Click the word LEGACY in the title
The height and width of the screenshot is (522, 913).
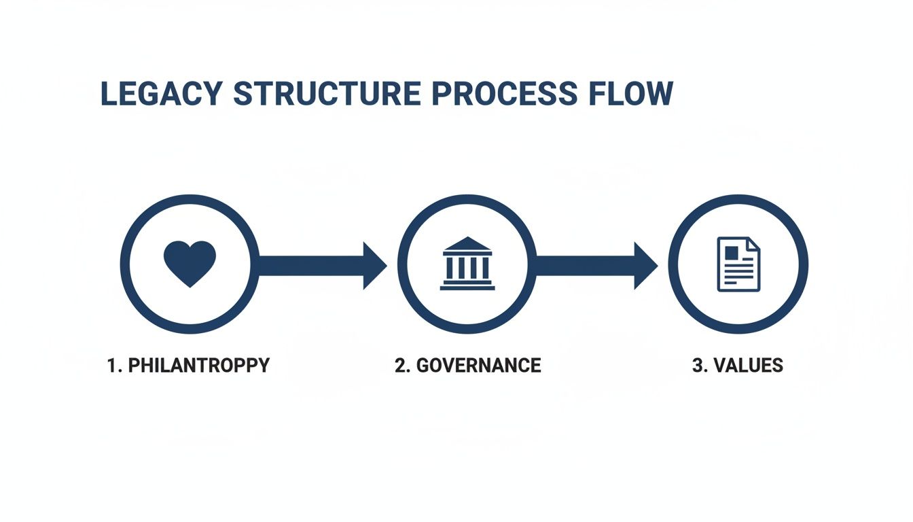coord(160,94)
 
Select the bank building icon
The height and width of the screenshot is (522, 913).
coord(467,264)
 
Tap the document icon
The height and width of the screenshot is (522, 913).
coord(738,264)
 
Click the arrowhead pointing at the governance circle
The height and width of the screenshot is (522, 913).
coord(374,265)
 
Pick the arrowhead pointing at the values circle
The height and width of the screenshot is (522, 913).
coord(645,265)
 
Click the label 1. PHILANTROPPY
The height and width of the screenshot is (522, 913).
coord(188,365)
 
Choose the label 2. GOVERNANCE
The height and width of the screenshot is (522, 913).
coord(467,365)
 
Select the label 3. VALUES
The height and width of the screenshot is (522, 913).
coord(737,365)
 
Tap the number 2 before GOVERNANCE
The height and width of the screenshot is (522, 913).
coord(400,365)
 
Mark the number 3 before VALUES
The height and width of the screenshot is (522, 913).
coord(697,365)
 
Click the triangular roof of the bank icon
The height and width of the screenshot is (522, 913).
coord(467,244)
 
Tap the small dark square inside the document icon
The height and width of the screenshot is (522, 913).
coord(732,252)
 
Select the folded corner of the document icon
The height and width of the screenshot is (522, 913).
coord(753,244)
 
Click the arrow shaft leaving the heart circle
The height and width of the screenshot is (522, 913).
coord(309,265)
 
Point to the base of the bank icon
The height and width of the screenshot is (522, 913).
coord(467,287)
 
